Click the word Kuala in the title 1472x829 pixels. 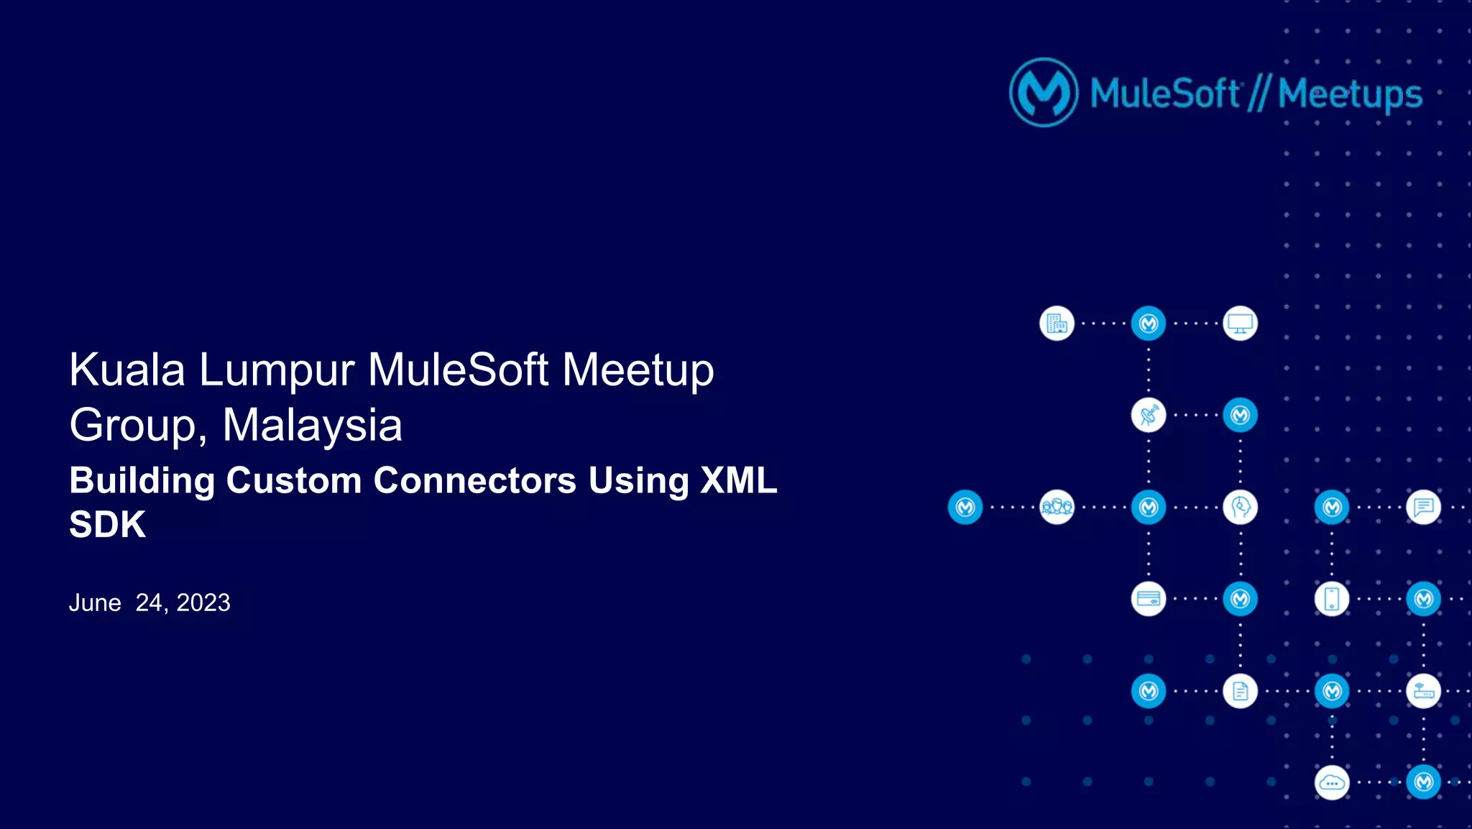click(127, 370)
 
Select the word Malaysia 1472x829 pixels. click(312, 426)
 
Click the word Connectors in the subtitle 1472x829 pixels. click(474, 480)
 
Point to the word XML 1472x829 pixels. click(739, 480)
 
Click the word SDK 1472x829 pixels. click(107, 524)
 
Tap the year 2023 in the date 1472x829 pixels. click(203, 603)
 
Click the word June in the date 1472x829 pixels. click(95, 603)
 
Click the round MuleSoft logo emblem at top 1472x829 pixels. click(1044, 93)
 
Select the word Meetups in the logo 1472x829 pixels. click(1350, 95)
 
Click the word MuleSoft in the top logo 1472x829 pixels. click(1164, 93)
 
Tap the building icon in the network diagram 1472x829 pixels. click(1057, 324)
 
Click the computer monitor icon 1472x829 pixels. click(1240, 324)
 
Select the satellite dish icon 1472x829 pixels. click(1149, 415)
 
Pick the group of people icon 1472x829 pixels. click(1057, 507)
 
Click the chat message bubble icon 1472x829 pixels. click(1423, 507)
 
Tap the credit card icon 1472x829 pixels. click(1149, 599)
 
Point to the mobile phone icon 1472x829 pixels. click(1331, 599)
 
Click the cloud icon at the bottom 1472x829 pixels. click(1331, 782)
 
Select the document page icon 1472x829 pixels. click(1240, 691)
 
